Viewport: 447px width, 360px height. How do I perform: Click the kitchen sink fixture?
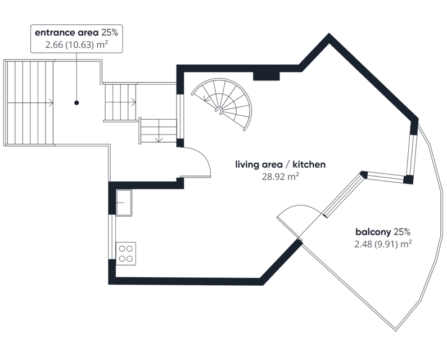click(x=124, y=202)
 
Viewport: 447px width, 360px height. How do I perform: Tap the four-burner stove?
click(x=126, y=254)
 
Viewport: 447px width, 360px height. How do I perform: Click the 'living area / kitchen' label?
click(x=280, y=165)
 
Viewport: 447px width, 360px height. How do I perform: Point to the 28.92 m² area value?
click(x=280, y=177)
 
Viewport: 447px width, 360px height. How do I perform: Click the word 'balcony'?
click(x=373, y=232)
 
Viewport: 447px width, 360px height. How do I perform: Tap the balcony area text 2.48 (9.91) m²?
click(x=383, y=244)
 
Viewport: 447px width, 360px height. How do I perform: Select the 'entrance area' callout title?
click(x=66, y=33)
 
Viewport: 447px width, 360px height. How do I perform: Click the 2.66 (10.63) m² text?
click(x=76, y=45)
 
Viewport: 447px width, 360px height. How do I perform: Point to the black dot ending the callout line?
click(x=76, y=103)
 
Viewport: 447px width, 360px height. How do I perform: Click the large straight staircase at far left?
click(x=30, y=103)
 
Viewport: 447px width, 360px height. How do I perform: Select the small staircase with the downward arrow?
click(x=157, y=130)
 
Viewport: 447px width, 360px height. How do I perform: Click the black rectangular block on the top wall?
click(x=267, y=76)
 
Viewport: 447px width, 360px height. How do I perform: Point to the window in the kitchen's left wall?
click(x=112, y=237)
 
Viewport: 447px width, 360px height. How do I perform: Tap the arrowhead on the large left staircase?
click(x=51, y=103)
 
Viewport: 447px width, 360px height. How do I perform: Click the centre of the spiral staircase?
click(x=219, y=111)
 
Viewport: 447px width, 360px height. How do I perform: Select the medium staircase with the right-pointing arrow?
click(x=120, y=102)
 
